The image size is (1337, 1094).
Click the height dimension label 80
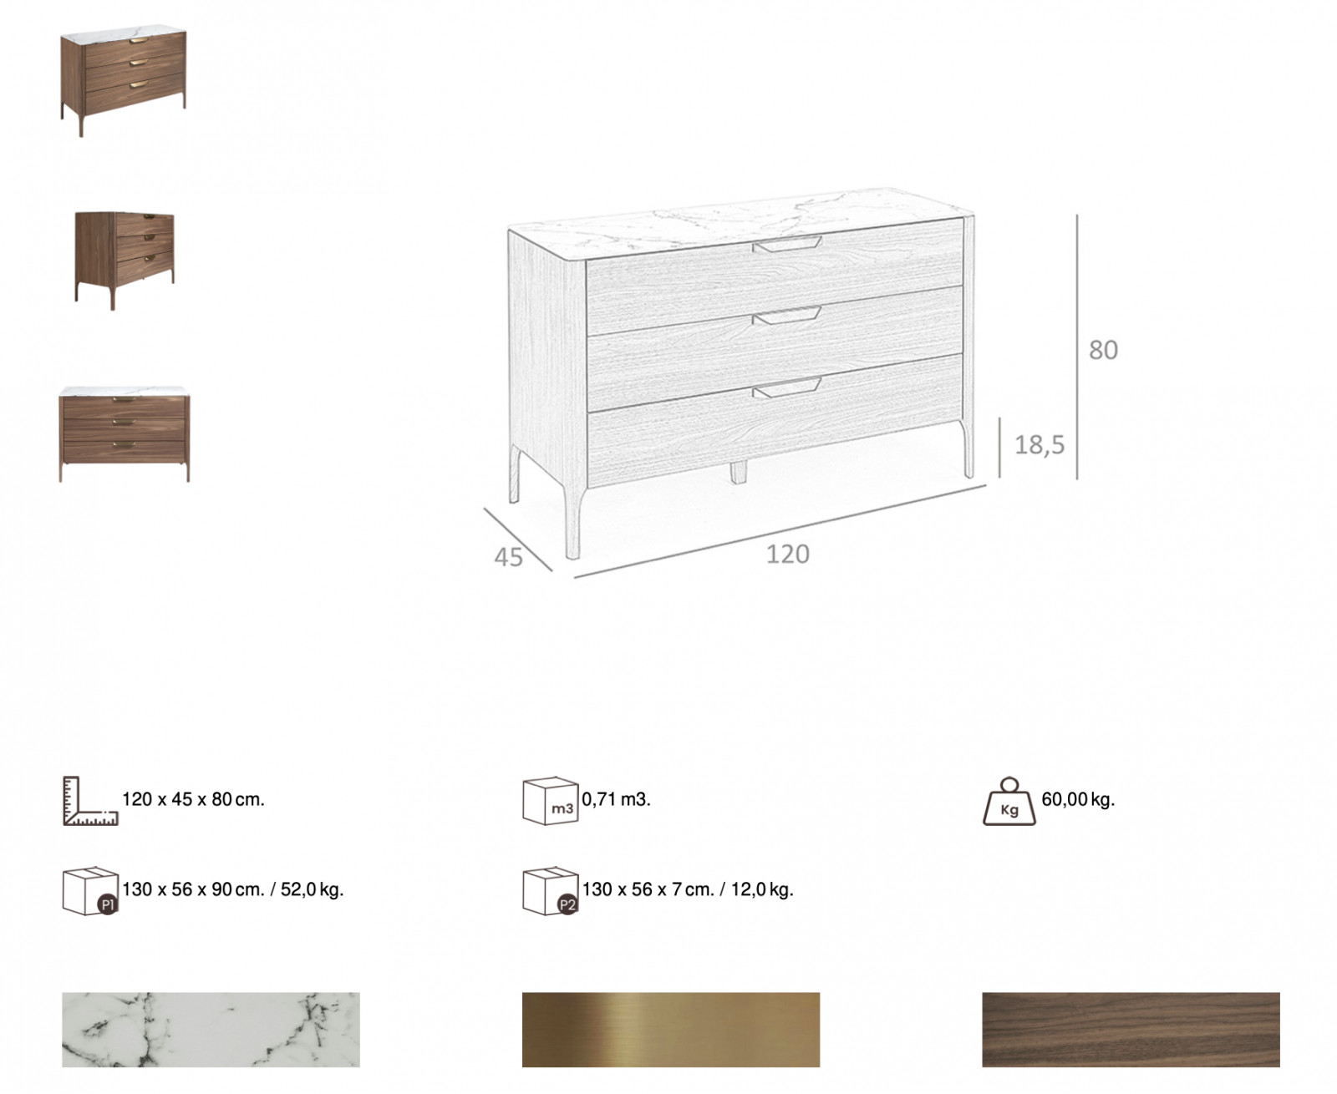click(1103, 350)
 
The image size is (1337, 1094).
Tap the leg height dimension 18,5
click(1040, 445)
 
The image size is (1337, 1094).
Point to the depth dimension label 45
click(508, 558)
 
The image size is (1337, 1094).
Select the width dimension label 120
click(788, 555)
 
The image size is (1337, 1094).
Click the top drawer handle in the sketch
click(786, 245)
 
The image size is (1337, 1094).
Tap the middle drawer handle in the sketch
click(786, 316)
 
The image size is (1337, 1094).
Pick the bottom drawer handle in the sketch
click(786, 387)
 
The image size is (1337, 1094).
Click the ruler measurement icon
click(90, 801)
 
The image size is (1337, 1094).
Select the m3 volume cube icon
click(551, 801)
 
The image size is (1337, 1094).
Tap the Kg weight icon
click(1009, 802)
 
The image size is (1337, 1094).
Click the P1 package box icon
click(90, 891)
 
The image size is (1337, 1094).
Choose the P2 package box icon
click(551, 891)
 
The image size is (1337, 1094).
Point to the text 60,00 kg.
click(1078, 799)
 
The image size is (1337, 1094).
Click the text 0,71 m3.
click(616, 799)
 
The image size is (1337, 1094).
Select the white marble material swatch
click(211, 1030)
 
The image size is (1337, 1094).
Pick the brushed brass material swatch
click(671, 1030)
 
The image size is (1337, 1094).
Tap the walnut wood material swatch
click(1131, 1030)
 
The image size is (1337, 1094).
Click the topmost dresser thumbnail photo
click(124, 81)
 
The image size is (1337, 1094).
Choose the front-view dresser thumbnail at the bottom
click(125, 434)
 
